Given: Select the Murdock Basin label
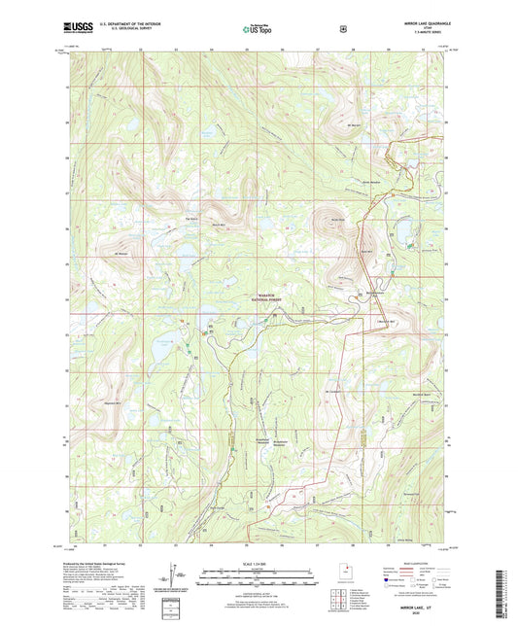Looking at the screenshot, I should coord(420,392).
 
